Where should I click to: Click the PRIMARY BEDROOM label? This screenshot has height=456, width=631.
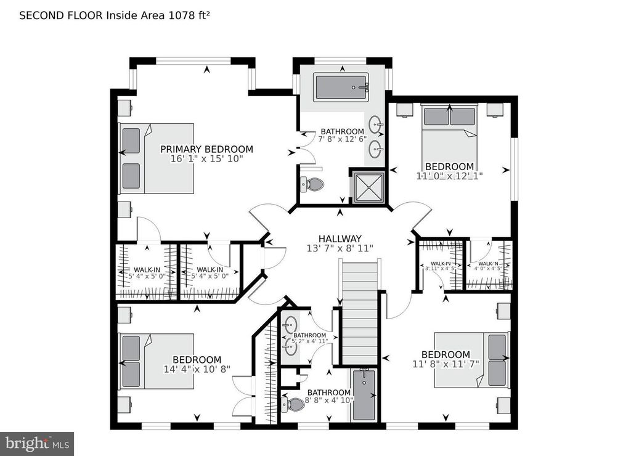(x=206, y=149)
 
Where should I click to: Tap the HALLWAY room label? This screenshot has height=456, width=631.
(x=340, y=238)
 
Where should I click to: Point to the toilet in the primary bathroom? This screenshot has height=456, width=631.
(x=313, y=184)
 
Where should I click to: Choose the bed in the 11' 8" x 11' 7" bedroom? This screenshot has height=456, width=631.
(x=471, y=360)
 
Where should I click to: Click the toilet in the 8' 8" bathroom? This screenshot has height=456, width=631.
(x=295, y=404)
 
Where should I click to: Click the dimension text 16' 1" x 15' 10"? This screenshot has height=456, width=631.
(x=206, y=160)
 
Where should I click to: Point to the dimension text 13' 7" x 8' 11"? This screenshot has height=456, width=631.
(x=340, y=248)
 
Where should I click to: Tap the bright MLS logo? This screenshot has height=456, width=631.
(x=36, y=443)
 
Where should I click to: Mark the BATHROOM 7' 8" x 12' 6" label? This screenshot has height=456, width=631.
(x=342, y=131)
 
